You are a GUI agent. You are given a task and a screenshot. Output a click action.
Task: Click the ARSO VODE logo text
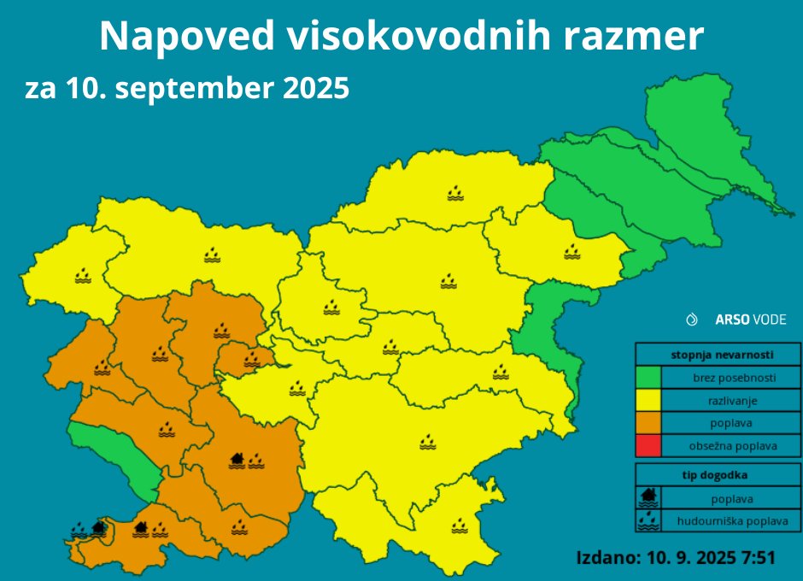(750, 320)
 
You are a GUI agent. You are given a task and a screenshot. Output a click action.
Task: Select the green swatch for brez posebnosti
(648, 377)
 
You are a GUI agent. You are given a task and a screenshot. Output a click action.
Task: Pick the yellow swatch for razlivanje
(648, 400)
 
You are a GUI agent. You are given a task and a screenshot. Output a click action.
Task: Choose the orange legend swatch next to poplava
(648, 423)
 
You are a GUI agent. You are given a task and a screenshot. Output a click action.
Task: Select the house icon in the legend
(649, 496)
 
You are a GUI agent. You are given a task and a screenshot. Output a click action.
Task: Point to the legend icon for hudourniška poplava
(649, 519)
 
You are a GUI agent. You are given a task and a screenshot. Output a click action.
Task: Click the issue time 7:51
(757, 558)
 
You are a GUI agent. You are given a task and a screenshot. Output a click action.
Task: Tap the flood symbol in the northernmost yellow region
(455, 193)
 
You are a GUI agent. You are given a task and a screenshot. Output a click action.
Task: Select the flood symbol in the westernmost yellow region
(82, 275)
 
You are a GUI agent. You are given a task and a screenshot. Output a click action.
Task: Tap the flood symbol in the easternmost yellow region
(571, 251)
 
